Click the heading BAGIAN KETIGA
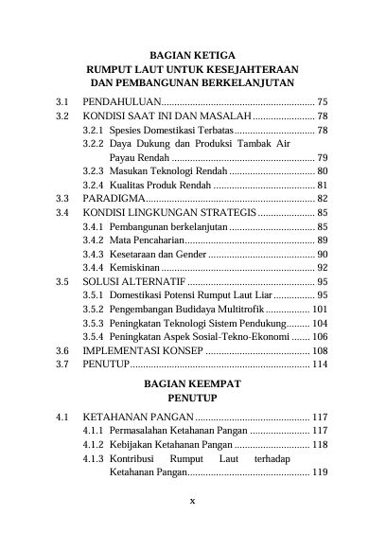coord(192,54)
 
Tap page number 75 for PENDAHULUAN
coord(323,100)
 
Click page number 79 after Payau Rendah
coord(323,157)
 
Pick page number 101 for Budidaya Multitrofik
coord(320,309)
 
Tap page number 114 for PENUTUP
coord(320,364)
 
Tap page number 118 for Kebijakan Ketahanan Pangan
coord(320,444)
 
